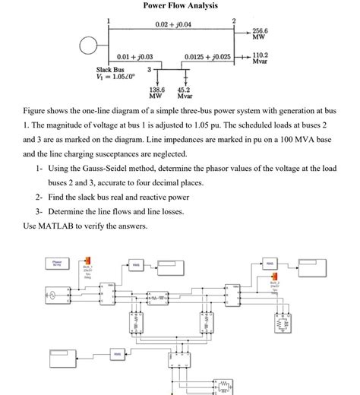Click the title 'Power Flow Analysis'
180,6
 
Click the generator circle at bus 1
90,44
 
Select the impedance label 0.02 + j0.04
173,25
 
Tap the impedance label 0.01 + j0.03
135,58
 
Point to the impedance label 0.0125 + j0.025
213,58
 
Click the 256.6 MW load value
261,33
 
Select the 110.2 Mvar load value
261,58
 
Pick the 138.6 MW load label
156,93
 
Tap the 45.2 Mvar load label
185,93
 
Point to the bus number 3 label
149,70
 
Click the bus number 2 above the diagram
234,19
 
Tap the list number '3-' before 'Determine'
39,211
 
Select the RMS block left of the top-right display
270,264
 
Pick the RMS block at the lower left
118,354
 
